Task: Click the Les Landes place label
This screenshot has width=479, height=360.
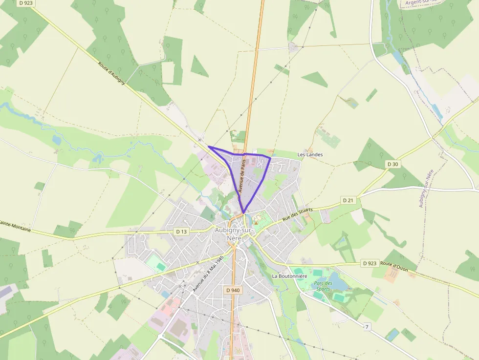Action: click(310, 154)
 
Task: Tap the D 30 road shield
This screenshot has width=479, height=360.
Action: click(392, 164)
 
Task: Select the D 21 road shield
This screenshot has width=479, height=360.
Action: click(348, 200)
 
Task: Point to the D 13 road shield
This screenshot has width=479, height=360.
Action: click(181, 231)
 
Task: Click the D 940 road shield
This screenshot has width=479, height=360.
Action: click(233, 290)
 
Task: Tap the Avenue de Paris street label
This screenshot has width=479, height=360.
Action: click(240, 176)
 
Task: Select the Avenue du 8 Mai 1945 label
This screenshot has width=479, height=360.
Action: click(208, 274)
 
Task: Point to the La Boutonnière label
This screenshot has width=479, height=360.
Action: click(289, 276)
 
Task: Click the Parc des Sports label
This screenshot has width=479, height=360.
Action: click(323, 286)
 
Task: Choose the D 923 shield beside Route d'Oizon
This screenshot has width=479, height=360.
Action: click(370, 263)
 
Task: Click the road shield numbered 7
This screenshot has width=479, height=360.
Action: click(366, 326)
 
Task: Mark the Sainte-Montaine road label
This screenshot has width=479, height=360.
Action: click(15, 223)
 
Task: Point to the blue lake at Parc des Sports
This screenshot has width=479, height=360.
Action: click(337, 282)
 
